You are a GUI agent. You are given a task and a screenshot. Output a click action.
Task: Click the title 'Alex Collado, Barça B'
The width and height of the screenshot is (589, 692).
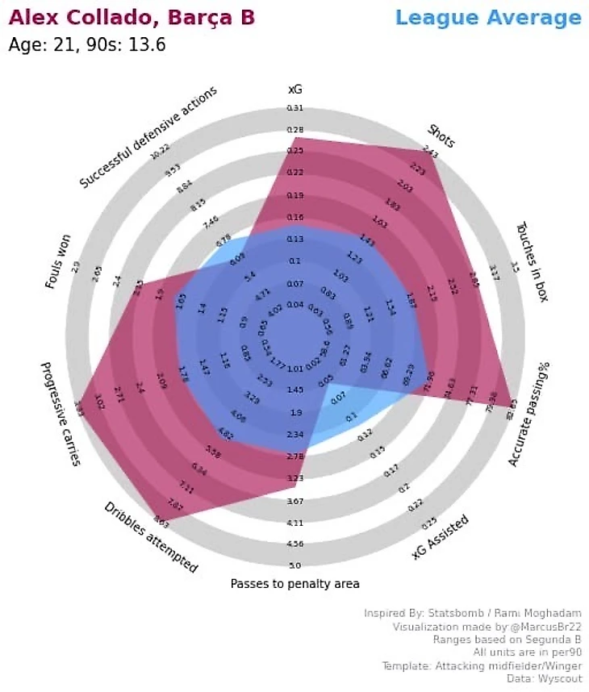tap(132, 17)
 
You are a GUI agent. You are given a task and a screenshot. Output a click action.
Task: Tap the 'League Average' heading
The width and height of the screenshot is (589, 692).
tap(488, 18)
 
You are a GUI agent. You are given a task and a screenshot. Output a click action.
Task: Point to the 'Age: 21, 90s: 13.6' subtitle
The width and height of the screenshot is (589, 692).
tap(87, 45)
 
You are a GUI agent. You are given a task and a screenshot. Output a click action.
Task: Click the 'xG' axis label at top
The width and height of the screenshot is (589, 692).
tap(295, 88)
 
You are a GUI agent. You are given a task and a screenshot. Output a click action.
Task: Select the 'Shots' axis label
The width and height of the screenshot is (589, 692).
tap(441, 136)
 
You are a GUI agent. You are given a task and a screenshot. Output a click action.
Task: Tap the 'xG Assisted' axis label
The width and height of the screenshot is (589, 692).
tap(441, 538)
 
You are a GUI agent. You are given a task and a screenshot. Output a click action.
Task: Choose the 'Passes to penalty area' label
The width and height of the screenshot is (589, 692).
tap(294, 583)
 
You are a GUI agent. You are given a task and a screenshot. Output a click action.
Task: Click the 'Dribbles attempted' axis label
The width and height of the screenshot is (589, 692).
tap(151, 537)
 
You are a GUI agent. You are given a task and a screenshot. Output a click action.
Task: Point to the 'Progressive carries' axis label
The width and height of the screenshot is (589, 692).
tap(61, 413)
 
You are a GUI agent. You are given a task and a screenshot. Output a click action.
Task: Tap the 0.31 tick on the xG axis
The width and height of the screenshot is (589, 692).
tap(295, 108)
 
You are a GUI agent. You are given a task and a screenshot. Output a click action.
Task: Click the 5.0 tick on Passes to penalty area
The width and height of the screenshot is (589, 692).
tap(295, 565)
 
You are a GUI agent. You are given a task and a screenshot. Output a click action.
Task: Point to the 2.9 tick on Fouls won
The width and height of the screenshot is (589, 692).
tap(76, 267)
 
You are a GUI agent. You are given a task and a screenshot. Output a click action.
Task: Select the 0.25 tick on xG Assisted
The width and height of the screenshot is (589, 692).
tap(429, 522)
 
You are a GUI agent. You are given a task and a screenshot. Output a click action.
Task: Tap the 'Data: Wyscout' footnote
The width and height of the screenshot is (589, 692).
tap(546, 678)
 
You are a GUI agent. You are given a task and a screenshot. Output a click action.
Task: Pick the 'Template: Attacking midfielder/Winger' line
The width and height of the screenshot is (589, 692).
tap(481, 665)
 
